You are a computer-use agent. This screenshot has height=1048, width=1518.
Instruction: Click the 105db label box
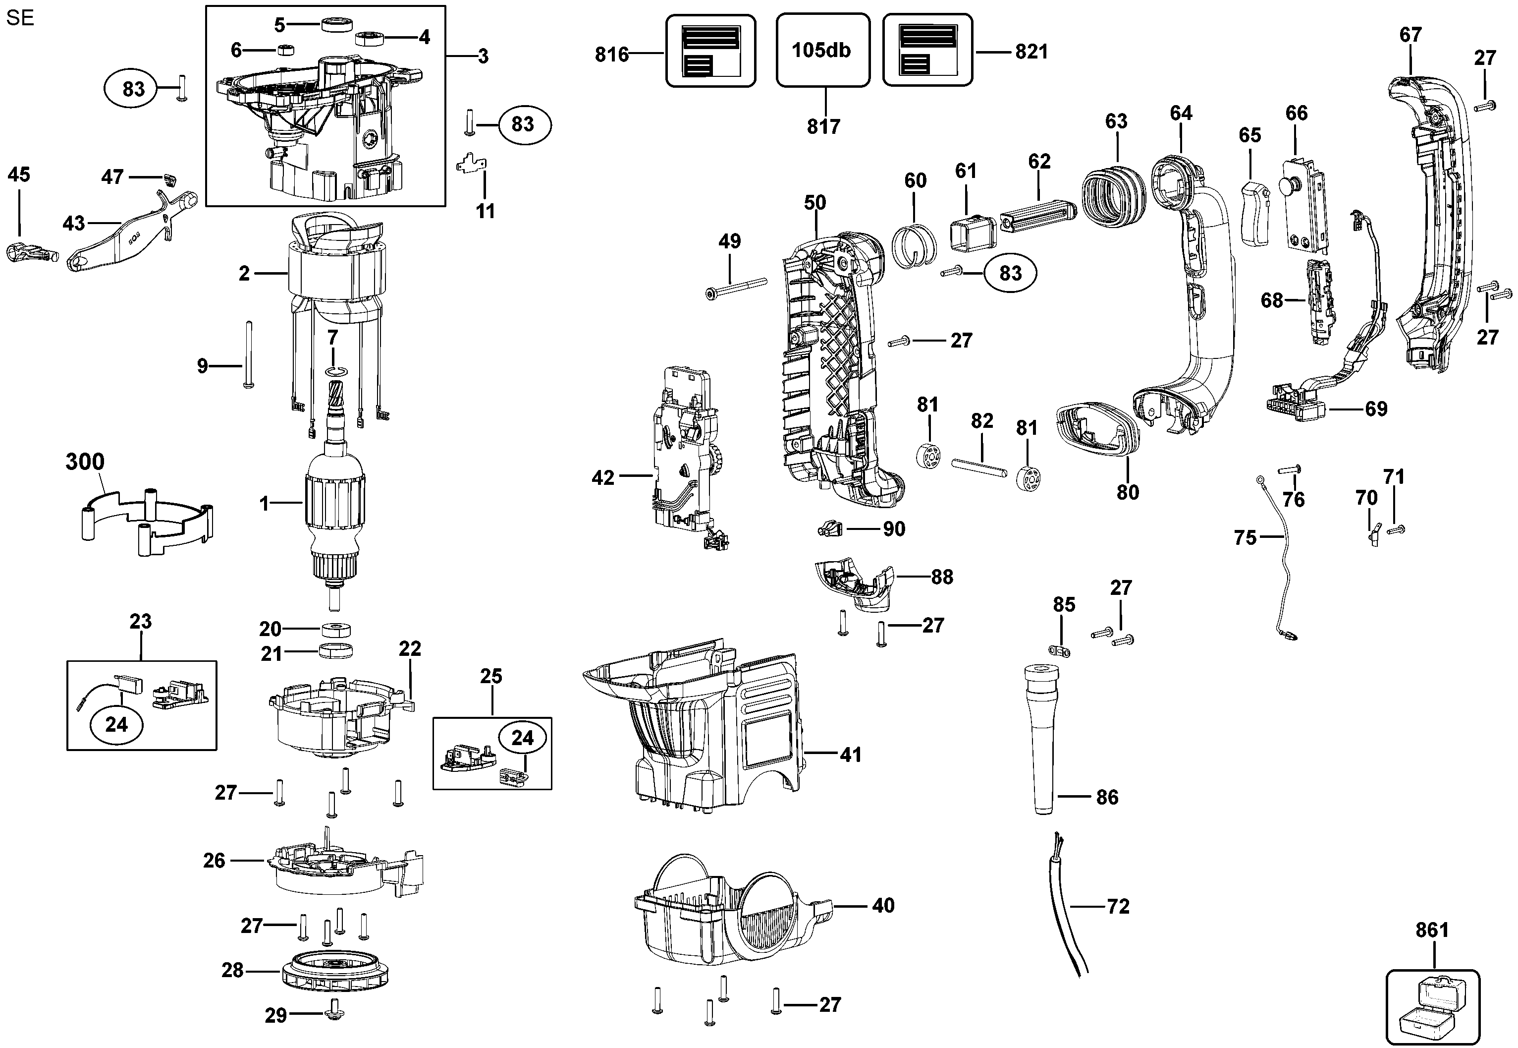tap(822, 50)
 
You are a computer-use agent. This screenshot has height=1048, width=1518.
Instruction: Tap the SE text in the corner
tap(20, 18)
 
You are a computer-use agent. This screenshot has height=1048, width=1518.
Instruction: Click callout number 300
tap(85, 462)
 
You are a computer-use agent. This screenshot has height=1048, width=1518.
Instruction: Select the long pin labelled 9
tap(249, 354)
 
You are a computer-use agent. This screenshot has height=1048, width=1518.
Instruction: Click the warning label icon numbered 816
tap(710, 51)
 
